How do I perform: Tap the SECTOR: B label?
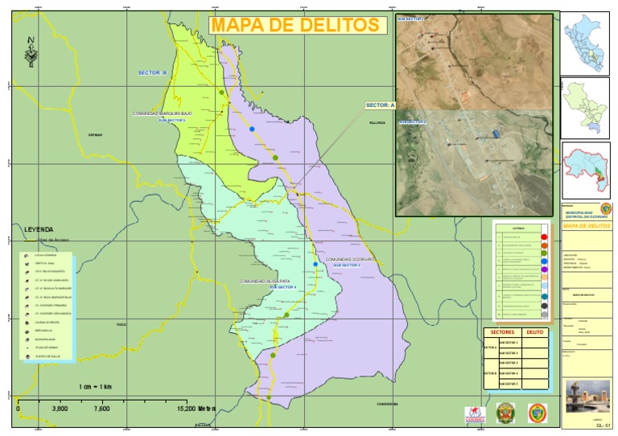point(152,73)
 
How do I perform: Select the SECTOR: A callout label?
point(381,105)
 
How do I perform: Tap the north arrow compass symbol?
point(31,53)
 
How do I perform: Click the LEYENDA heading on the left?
point(38,228)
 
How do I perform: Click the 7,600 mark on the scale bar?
point(102,409)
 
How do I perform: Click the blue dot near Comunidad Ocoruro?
point(315,265)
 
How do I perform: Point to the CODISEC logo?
point(476,413)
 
